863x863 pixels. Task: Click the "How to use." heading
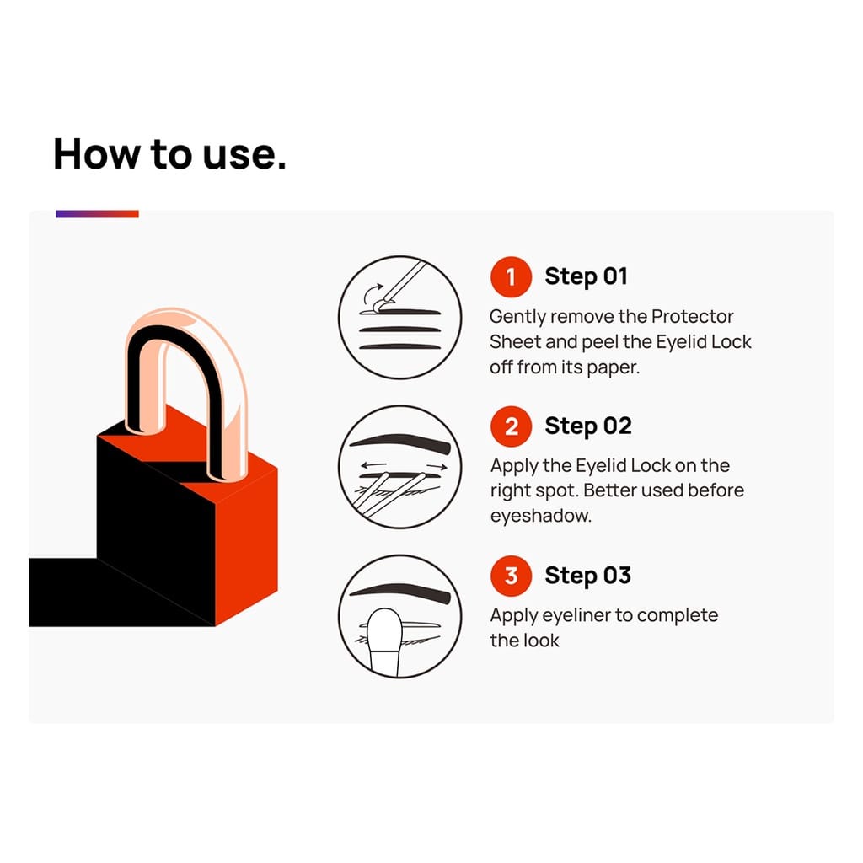click(x=169, y=154)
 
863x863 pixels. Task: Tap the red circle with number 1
click(x=511, y=276)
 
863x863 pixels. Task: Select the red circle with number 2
click(x=511, y=426)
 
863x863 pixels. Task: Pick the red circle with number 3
click(x=511, y=576)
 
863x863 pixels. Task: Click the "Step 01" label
click(x=587, y=276)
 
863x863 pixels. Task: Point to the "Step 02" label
click(x=587, y=426)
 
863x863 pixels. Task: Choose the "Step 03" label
click(x=587, y=576)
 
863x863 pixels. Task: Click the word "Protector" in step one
click(x=693, y=317)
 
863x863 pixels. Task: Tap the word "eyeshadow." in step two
click(x=540, y=516)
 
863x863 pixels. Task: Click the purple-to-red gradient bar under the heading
click(x=97, y=214)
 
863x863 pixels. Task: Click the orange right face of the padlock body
click(x=246, y=545)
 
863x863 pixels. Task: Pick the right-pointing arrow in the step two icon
click(x=437, y=467)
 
